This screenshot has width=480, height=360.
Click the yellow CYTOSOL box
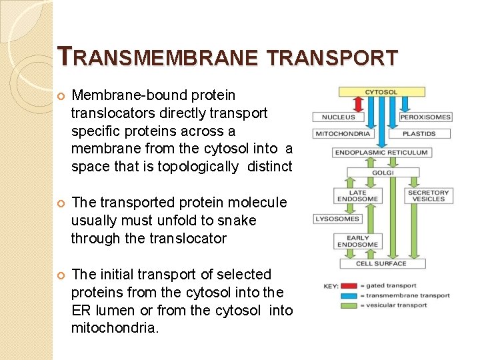tap(381, 92)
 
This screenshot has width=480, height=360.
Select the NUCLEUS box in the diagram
tap(338, 117)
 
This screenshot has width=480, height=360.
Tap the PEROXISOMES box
tap(425, 117)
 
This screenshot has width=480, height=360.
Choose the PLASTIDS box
tap(419, 134)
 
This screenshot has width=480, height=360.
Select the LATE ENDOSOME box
tap(352, 196)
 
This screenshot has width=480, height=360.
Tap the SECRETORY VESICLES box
tap(429, 196)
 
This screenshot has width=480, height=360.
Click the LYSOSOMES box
tap(337, 219)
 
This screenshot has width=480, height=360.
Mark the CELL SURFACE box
tap(381, 263)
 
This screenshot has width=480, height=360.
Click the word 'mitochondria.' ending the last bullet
tap(115, 329)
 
